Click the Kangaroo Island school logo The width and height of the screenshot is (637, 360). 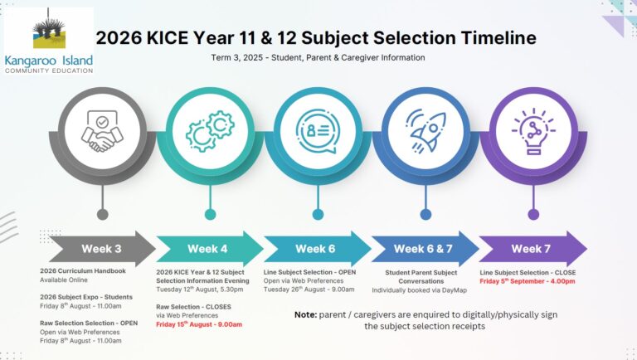49,41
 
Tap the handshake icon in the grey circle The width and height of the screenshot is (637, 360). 102,131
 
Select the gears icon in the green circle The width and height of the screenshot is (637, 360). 210,131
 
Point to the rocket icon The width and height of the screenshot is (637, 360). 425,130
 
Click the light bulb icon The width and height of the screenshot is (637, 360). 533,131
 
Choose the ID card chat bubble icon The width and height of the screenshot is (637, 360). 318,131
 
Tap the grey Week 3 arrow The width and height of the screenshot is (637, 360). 102,249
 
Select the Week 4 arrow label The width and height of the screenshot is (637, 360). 207,249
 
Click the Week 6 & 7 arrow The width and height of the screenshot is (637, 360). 425,249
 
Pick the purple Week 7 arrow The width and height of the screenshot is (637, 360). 533,249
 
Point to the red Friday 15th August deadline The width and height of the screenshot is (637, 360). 199,324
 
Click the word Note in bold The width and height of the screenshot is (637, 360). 305,314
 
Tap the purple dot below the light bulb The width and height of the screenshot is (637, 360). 533,215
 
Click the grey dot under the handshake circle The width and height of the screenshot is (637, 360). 102,215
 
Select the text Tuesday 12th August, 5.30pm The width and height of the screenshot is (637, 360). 199,289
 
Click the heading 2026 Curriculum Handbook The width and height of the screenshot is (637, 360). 83,271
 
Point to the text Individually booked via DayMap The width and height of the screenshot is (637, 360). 419,290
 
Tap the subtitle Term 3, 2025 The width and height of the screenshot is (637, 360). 237,58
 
